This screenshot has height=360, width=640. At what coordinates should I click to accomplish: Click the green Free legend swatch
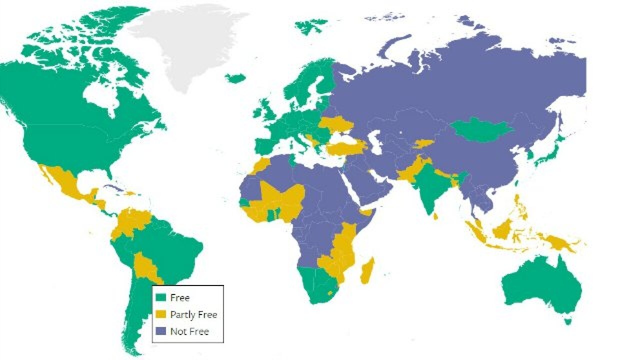coord(161,297)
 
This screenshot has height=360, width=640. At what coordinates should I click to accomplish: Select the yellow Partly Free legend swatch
coord(161,314)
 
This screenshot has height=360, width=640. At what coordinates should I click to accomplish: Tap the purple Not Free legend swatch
coord(161,331)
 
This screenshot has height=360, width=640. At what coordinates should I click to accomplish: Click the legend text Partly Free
coord(193,314)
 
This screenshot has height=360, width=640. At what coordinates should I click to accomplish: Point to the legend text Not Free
coord(189,331)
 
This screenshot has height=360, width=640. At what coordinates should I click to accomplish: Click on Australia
coord(542,285)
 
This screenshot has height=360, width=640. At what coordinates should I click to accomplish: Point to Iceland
coord(235,78)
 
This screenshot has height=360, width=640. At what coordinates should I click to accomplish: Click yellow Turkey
coord(345,147)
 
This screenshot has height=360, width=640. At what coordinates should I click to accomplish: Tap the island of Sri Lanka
coord(436,216)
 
